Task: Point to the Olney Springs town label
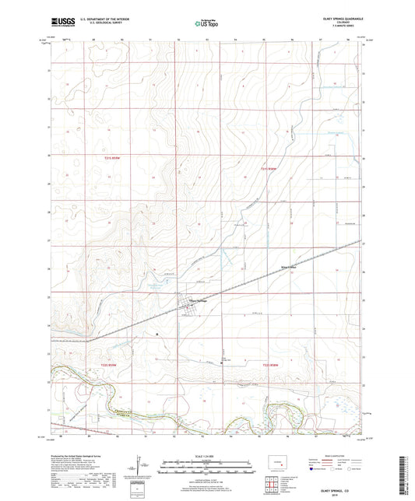[x=196, y=303]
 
